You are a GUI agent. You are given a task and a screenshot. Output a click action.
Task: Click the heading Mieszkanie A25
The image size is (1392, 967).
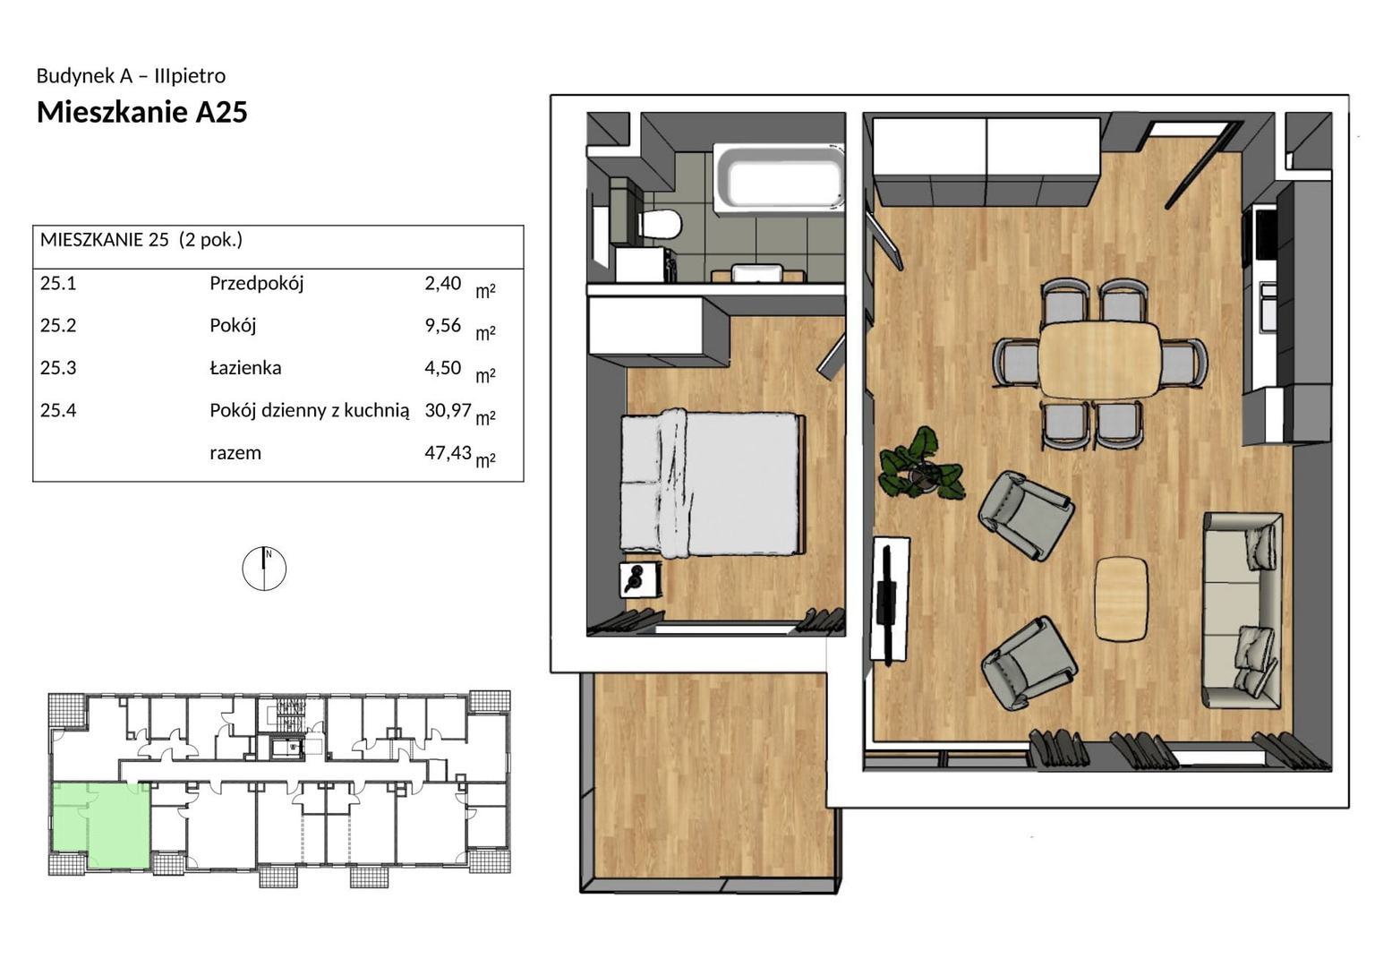[142, 113]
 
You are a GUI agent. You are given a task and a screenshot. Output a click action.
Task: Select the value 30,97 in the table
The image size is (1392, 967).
[448, 410]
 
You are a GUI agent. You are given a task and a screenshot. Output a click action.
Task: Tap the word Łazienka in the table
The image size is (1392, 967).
[245, 368]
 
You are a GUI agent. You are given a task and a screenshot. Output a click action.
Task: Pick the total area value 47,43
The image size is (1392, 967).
[448, 452]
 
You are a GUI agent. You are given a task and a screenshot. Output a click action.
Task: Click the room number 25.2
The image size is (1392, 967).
[58, 325]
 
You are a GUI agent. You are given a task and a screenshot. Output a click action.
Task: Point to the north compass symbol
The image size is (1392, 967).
[264, 569]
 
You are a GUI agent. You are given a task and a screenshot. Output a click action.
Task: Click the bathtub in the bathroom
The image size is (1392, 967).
[779, 177]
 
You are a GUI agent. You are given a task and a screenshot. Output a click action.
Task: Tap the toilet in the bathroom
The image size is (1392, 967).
[660, 224]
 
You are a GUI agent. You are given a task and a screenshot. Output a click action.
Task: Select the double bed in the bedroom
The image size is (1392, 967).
[713, 483]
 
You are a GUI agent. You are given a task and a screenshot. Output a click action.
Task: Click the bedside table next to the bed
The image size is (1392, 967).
[639, 580]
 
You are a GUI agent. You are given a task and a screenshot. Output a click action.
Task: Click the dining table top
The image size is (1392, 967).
[1099, 359]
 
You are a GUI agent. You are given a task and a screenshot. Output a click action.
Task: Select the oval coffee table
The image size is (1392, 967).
[1121, 598]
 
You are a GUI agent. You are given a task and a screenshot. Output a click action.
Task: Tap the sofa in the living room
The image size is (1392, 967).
[1242, 610]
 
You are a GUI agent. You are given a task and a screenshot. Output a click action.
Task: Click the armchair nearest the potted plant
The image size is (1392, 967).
[1025, 516]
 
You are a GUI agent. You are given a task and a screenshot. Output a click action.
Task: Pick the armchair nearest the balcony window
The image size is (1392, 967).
[1029, 663]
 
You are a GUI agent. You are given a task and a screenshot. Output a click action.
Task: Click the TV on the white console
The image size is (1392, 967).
[885, 603]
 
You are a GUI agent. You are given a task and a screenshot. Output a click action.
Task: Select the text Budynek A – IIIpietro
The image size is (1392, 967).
[131, 76]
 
